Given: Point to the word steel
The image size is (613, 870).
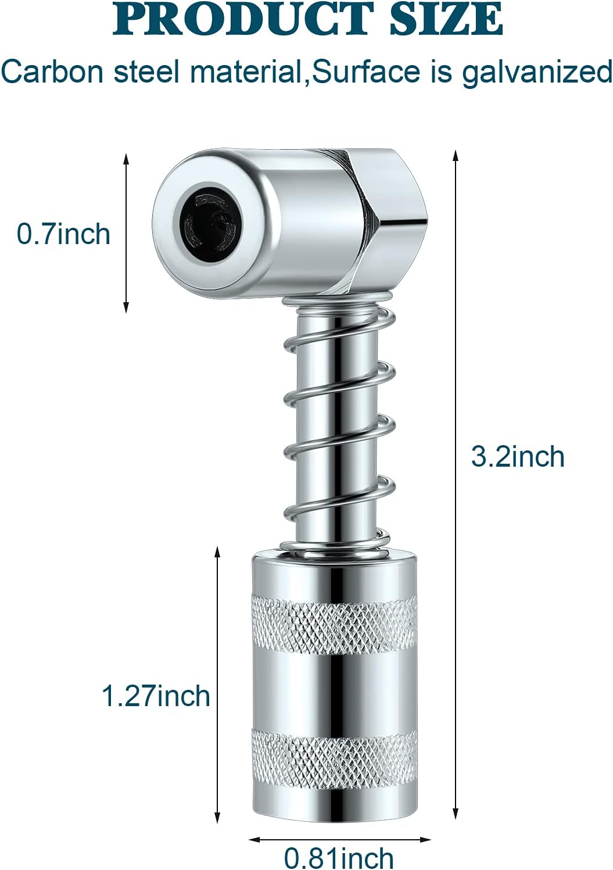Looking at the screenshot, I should tap(147, 72).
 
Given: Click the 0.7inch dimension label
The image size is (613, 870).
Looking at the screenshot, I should tap(63, 234).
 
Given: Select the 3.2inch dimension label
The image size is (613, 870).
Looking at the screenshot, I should tap(517, 456).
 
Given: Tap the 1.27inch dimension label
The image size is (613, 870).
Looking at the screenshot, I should tap(155, 696).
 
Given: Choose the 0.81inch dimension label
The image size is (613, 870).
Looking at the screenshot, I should tap(339, 858).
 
